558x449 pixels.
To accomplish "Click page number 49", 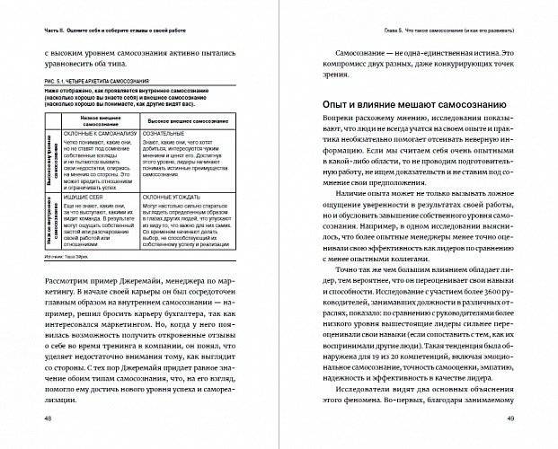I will (512, 419).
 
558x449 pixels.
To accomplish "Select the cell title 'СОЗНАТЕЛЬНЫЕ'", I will (172, 135).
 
